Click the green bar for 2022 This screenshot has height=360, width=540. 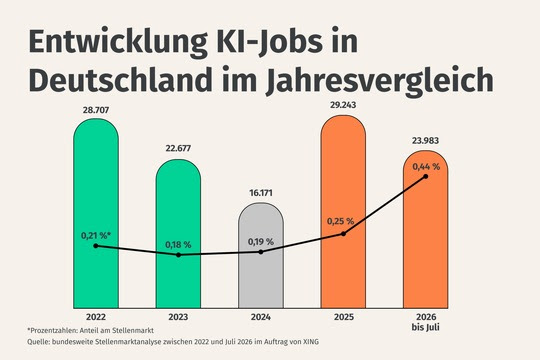(96, 213)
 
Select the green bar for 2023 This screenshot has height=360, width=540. (178, 234)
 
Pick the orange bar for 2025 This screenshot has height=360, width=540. (343, 212)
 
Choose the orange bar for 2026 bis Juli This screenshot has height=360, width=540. (426, 229)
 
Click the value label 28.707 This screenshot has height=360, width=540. (96, 110)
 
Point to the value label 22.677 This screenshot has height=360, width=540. (178, 148)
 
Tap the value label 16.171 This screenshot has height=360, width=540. (261, 193)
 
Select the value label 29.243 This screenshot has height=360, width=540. (343, 105)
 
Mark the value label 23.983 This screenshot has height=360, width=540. (425, 141)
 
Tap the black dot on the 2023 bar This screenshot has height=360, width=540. (178, 255)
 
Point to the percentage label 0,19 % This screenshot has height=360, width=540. (261, 242)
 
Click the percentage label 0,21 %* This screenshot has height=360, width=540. (96, 236)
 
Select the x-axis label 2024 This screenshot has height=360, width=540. (261, 317)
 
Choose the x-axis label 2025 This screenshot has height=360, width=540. (343, 317)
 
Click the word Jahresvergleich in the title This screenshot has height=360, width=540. (380, 81)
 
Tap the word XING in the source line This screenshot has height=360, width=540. (311, 342)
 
